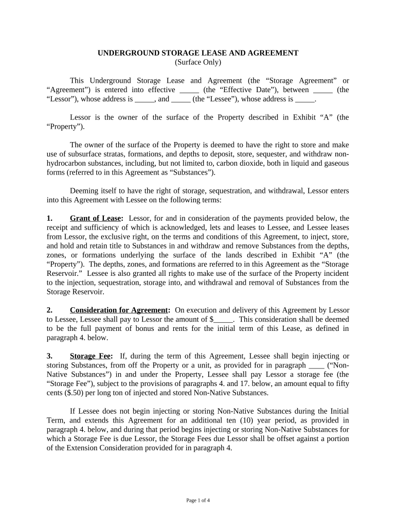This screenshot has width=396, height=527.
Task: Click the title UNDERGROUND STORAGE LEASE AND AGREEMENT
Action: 198,53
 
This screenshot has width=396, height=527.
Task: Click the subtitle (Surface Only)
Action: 198,62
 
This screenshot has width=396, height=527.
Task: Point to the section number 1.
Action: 49,218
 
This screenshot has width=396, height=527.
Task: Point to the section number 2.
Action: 49,310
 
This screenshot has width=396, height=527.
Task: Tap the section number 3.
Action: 49,356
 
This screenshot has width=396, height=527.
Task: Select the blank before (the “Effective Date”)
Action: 186,90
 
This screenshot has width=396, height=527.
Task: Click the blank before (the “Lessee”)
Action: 181,99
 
